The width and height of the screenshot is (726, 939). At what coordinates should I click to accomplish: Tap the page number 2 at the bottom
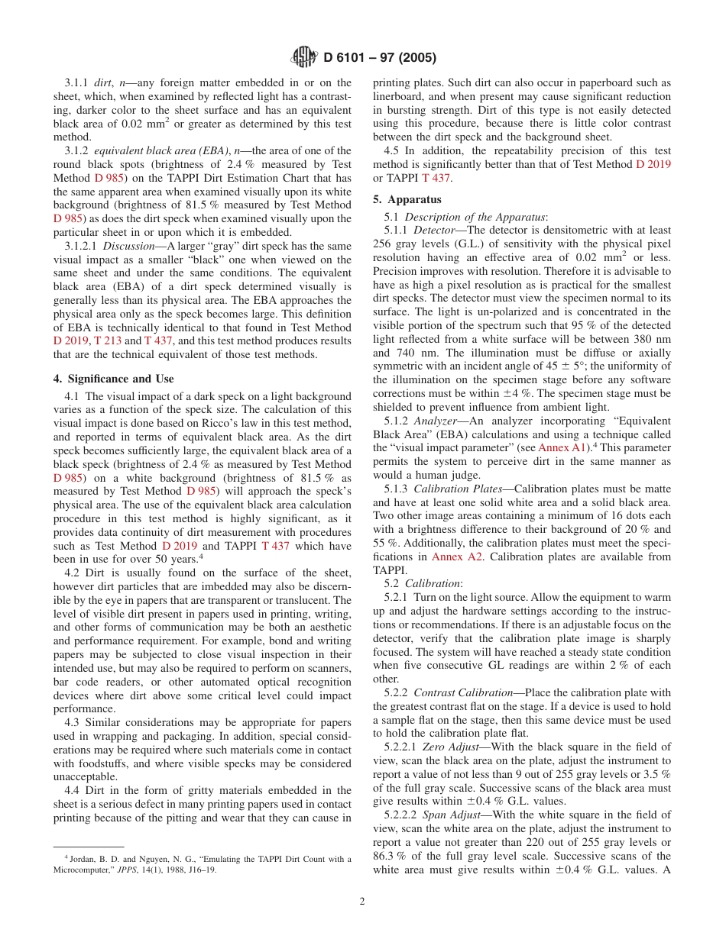[x=362, y=901]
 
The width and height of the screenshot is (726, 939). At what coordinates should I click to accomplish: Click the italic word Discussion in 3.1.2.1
[x=129, y=247]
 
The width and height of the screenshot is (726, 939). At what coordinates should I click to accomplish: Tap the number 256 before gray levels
[x=384, y=243]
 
